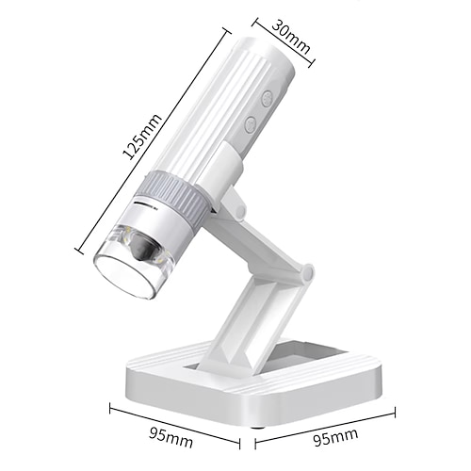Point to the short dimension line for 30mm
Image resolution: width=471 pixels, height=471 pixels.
click(x=286, y=42)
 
